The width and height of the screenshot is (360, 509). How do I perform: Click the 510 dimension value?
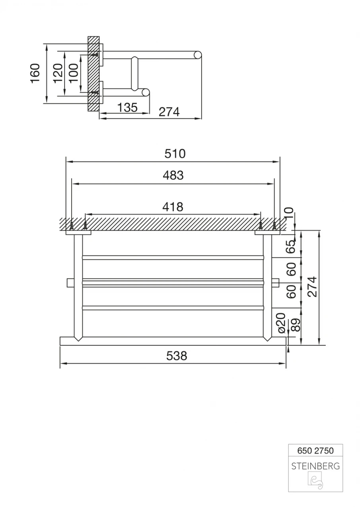(x=175, y=154)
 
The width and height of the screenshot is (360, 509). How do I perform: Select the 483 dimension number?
(x=173, y=175)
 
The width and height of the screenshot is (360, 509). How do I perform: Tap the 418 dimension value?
(x=173, y=207)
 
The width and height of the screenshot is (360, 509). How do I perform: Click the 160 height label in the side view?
(x=36, y=73)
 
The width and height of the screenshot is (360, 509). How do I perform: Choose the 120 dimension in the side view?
(x=58, y=73)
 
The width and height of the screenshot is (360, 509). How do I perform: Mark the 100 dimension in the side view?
(x=74, y=73)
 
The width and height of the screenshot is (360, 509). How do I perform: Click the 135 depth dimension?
(x=127, y=107)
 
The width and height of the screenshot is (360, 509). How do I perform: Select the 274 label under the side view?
(x=169, y=112)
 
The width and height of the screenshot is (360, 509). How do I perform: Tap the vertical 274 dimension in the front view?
(x=313, y=287)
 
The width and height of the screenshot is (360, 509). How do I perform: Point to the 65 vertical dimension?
(x=292, y=247)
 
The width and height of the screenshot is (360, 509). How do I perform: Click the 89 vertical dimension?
(x=296, y=325)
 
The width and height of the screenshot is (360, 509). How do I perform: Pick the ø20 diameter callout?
(x=281, y=322)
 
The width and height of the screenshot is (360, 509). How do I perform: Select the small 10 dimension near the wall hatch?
(x=289, y=214)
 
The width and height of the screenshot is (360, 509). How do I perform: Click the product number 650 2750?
(x=315, y=451)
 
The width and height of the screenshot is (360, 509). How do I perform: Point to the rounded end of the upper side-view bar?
(x=198, y=55)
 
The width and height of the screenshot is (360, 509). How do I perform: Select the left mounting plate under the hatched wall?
(x=78, y=233)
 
